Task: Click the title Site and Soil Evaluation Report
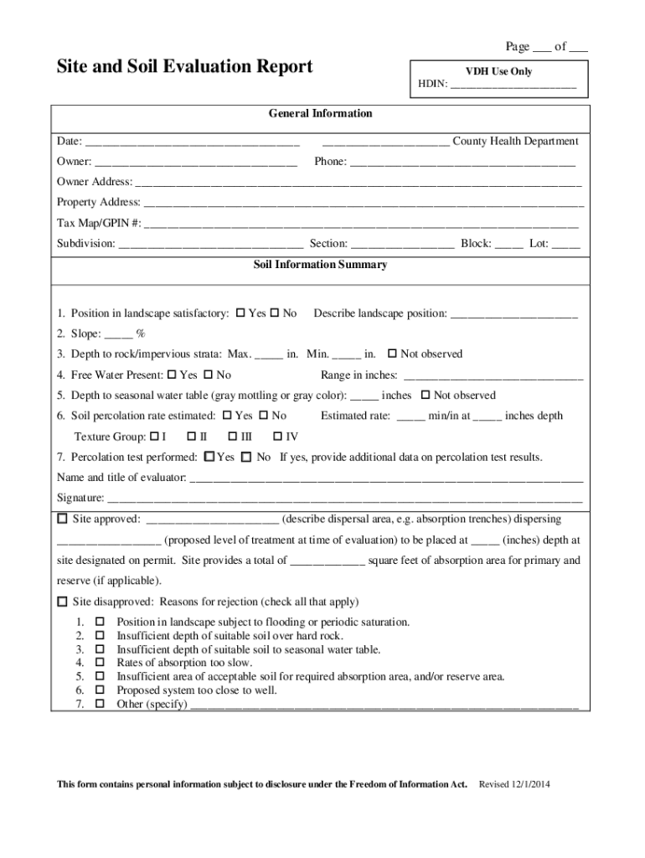click(184, 67)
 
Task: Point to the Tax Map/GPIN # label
click(99, 224)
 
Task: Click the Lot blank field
click(565, 246)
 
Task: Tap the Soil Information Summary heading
click(321, 265)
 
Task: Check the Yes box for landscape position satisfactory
click(240, 313)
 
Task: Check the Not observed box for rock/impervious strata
click(391, 354)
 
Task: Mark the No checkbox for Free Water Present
click(209, 375)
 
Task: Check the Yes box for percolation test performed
click(209, 457)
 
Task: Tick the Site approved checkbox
click(62, 519)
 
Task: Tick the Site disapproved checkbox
click(62, 602)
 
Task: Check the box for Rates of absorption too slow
click(100, 664)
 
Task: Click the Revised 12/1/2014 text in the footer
click(513, 784)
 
